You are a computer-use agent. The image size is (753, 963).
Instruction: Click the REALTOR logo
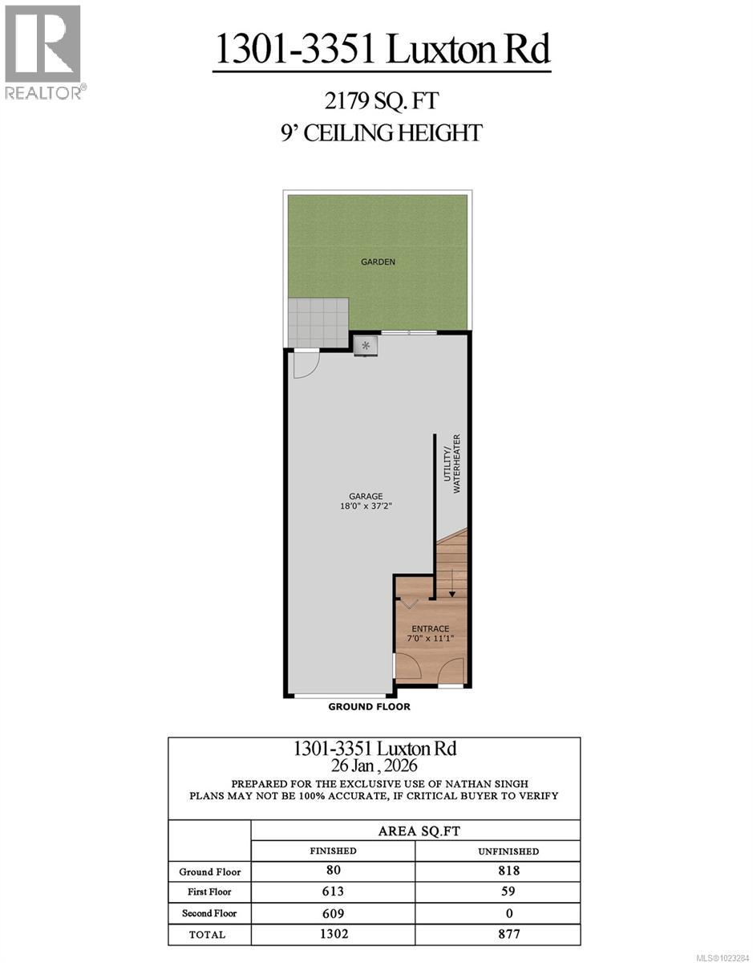click(x=43, y=52)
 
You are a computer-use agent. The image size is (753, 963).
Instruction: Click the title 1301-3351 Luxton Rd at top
click(x=382, y=49)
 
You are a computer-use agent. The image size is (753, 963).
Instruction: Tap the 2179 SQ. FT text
click(x=382, y=102)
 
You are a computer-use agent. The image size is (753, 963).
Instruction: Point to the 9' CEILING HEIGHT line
click(x=382, y=132)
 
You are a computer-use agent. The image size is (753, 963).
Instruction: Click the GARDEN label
click(x=378, y=262)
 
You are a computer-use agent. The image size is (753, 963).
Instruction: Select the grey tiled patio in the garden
click(x=318, y=322)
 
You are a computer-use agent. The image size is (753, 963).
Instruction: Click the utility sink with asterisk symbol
click(x=366, y=346)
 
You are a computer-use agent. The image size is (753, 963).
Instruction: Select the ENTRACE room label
click(x=430, y=628)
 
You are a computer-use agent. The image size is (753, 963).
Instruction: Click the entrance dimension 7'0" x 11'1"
click(x=430, y=639)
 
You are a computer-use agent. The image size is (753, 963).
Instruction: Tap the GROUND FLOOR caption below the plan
click(x=369, y=707)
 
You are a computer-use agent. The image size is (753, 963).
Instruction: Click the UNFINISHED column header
click(x=498, y=851)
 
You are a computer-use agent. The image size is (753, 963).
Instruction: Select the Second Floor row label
click(x=208, y=913)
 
